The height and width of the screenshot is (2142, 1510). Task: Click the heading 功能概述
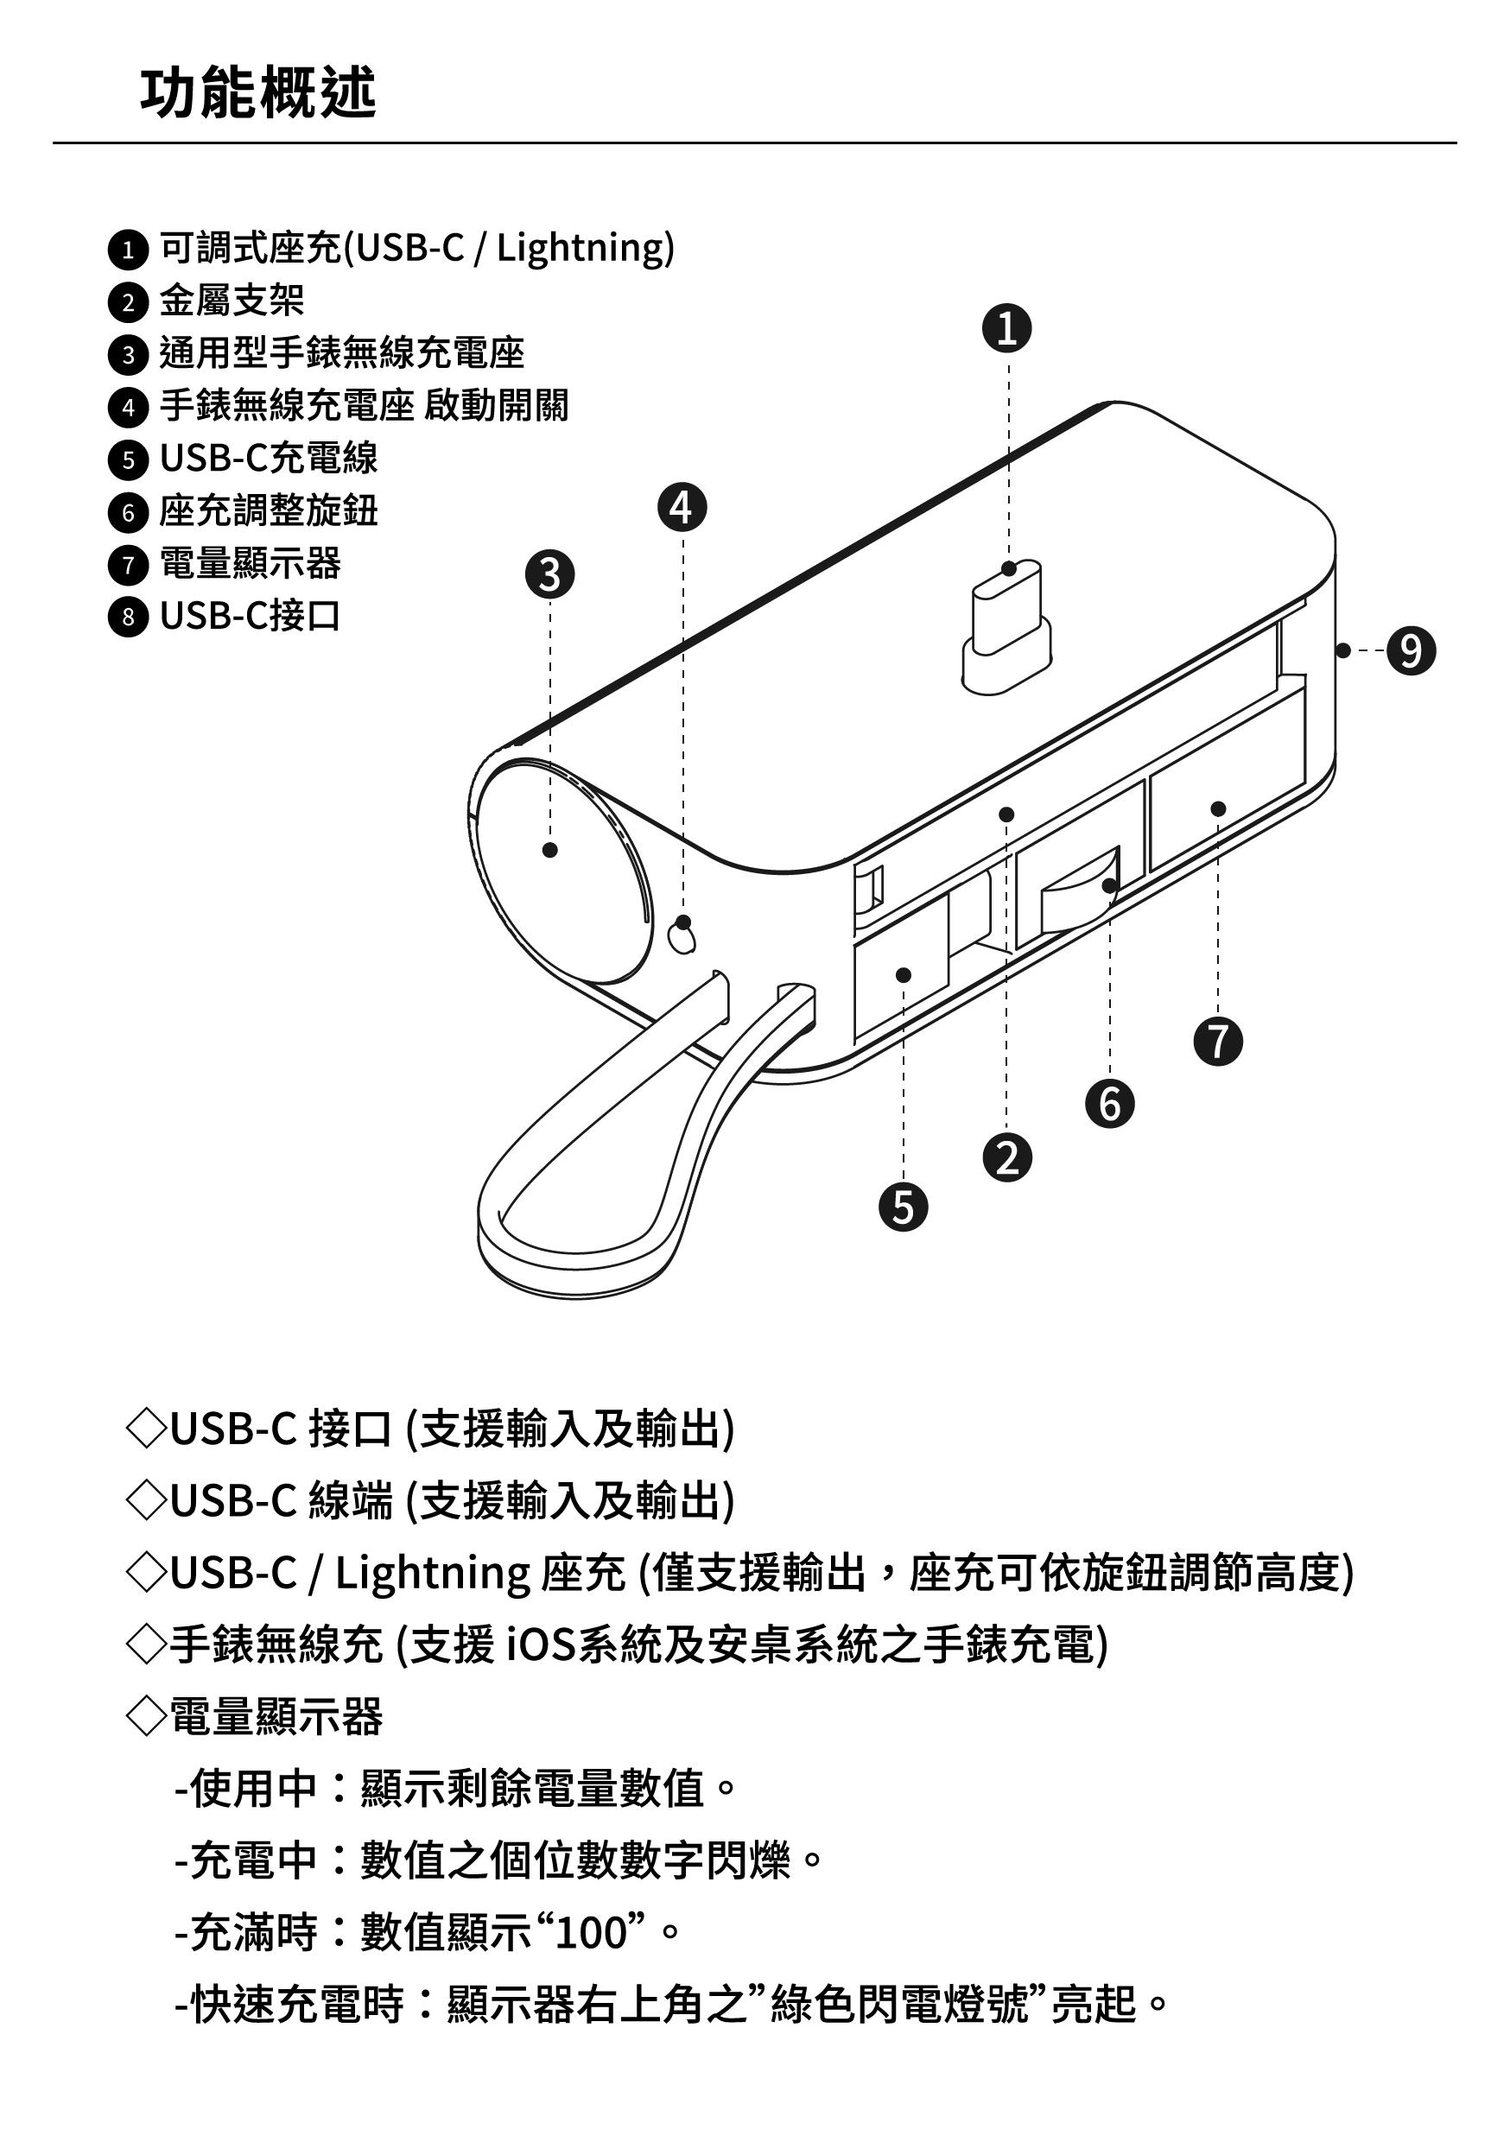coord(257,93)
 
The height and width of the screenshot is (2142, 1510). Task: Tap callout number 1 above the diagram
coord(1007,328)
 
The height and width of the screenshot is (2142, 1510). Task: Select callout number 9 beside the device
coord(1410,650)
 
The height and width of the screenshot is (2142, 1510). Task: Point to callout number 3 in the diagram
coord(549,574)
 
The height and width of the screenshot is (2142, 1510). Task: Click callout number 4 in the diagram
coord(682,508)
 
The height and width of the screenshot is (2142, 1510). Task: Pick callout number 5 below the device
coord(903,1207)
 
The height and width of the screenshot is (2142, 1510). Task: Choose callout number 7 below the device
coord(1218,1040)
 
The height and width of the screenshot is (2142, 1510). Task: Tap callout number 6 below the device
coord(1110,1104)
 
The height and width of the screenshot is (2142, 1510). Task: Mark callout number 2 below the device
coord(1007,1157)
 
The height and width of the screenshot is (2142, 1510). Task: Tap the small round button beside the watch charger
coord(683,934)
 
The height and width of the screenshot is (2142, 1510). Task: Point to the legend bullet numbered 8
coord(128,617)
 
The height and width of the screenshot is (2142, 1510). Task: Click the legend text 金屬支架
coord(232,301)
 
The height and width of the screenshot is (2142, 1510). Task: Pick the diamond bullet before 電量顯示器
coord(146,1715)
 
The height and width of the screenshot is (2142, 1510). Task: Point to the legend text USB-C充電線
coord(269,458)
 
